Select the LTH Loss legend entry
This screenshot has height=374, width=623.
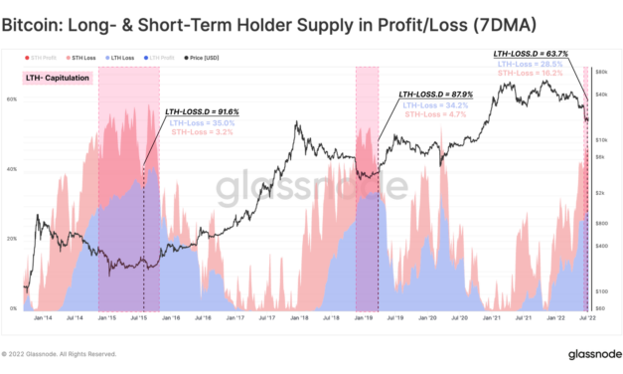click(122, 59)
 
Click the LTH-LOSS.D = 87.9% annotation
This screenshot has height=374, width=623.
click(435, 93)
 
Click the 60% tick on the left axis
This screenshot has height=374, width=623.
click(13, 99)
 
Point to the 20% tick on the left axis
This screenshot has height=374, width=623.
click(13, 240)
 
